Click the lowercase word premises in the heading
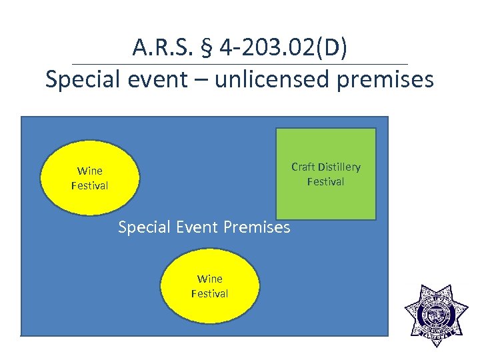387,79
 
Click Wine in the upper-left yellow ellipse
89,171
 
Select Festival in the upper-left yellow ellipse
89,186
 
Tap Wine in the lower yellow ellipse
209,279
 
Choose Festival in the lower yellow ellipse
209,293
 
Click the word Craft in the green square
303,167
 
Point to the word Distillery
339,167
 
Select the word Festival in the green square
325,181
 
